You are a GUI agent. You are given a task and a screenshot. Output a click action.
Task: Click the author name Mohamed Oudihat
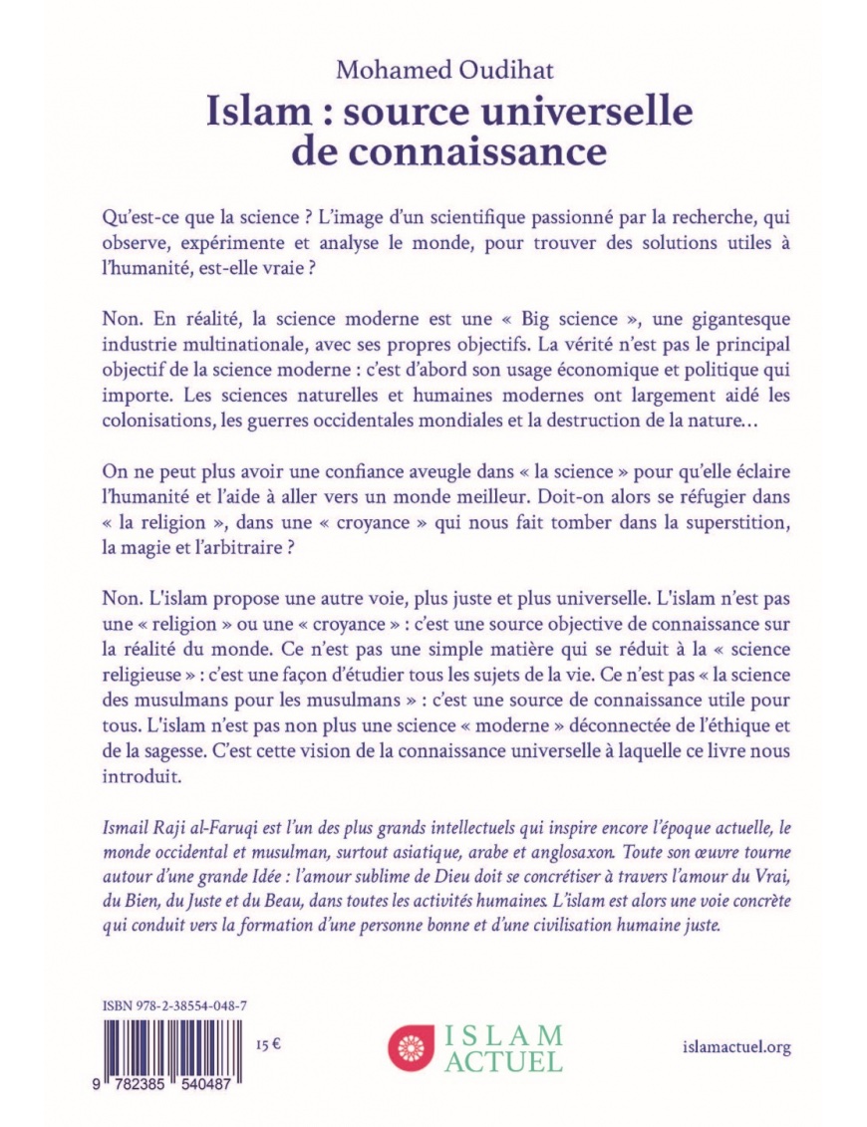433,71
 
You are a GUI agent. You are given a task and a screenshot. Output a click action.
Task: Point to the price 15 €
268,1046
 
